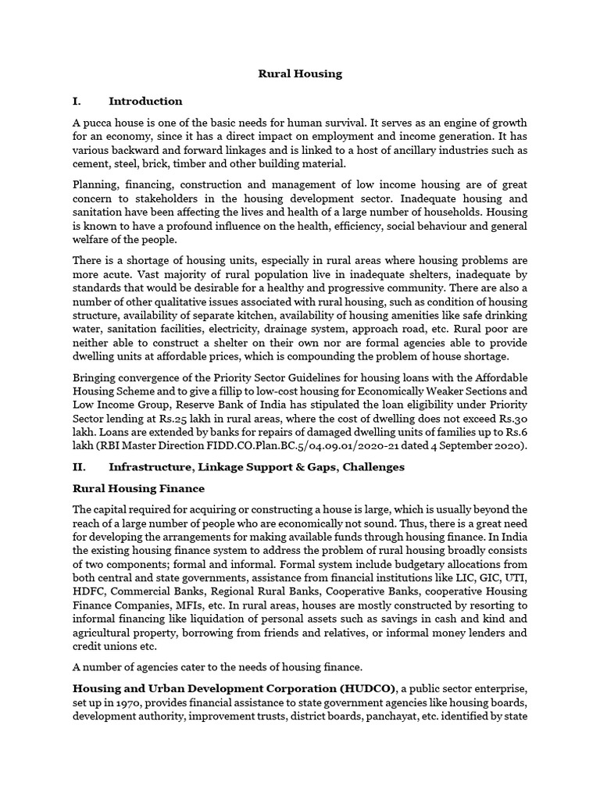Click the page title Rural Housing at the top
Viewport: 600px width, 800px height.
300,74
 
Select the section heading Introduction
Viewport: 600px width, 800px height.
145,101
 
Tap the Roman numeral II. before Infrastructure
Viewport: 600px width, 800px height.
81,467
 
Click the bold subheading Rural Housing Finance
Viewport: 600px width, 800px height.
138,489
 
